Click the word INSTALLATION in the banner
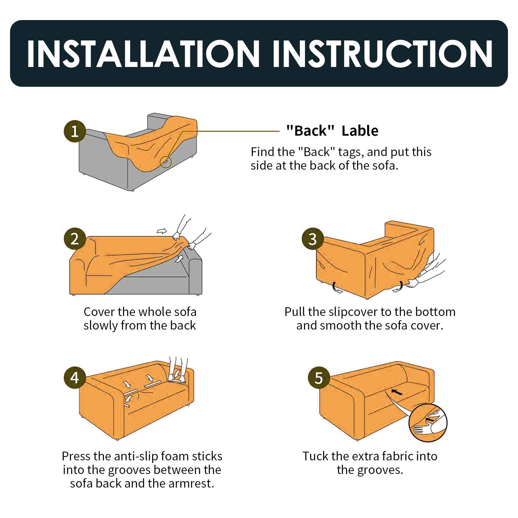coord(143,54)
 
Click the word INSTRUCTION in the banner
coord(383,54)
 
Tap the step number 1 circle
coord(75,131)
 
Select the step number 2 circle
coord(75,239)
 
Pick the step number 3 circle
coord(313,239)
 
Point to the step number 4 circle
coord(75,377)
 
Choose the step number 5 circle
coord(319,378)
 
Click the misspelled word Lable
coord(360,131)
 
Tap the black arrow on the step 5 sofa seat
coord(397,392)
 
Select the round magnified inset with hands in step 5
coord(428,422)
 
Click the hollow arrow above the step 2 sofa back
coord(162,231)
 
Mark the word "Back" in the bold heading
coord(310,131)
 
